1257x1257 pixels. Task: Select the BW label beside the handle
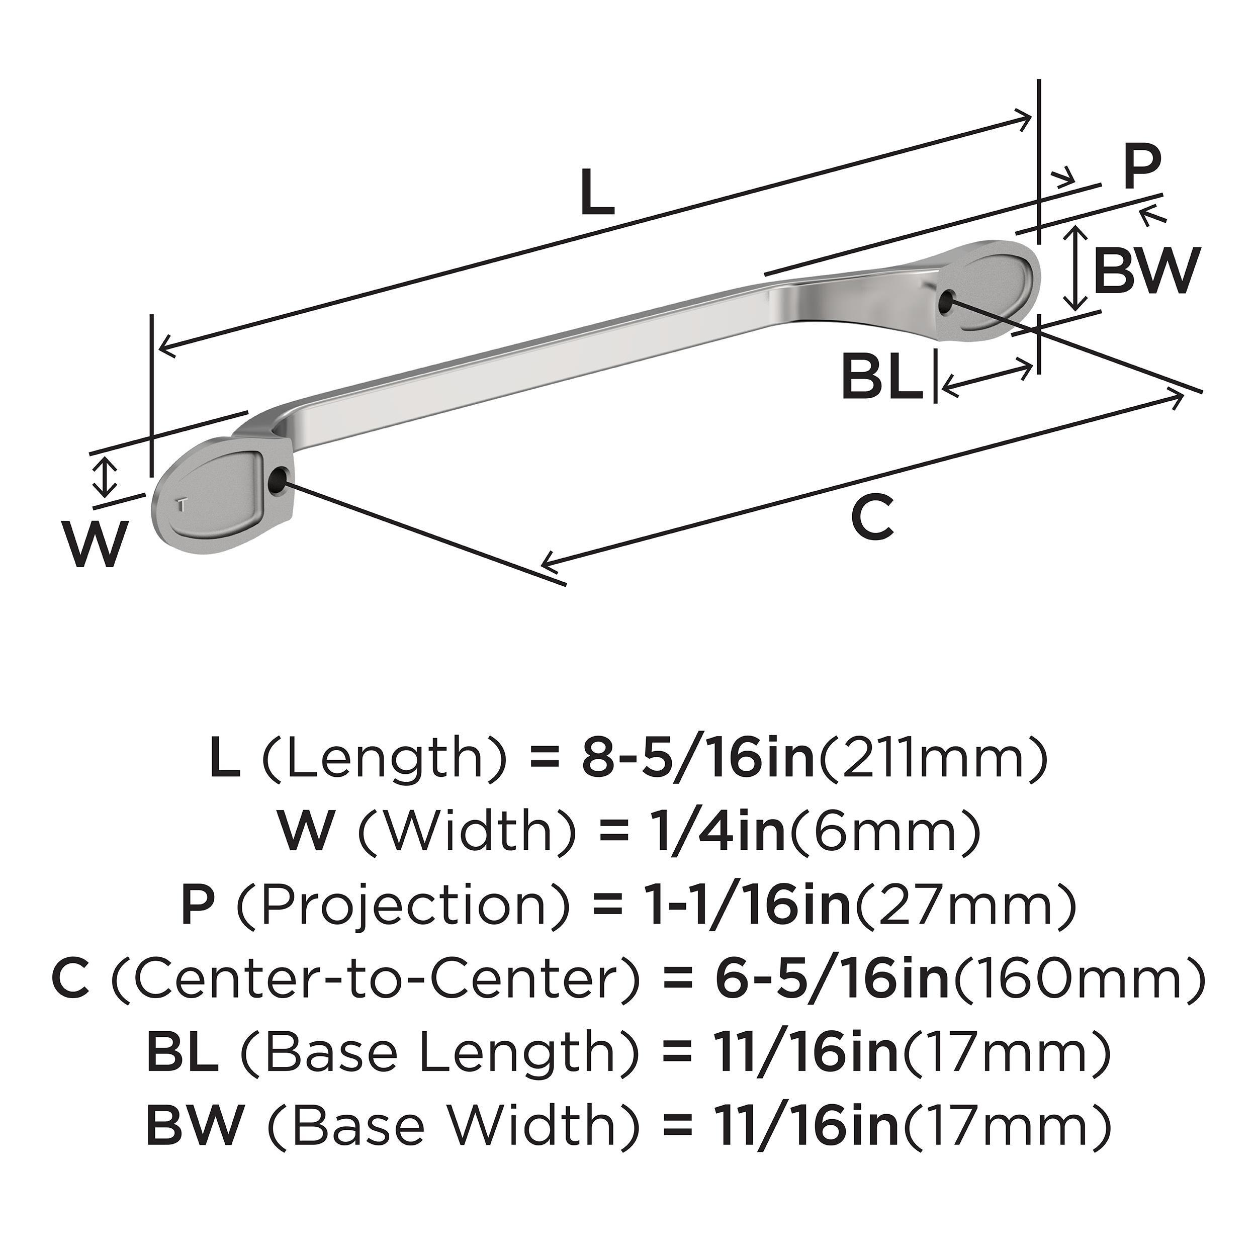pyautogui.click(x=1144, y=272)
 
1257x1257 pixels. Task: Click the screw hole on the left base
pyautogui.click(x=277, y=480)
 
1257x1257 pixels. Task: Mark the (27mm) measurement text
pyautogui.click(x=963, y=906)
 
